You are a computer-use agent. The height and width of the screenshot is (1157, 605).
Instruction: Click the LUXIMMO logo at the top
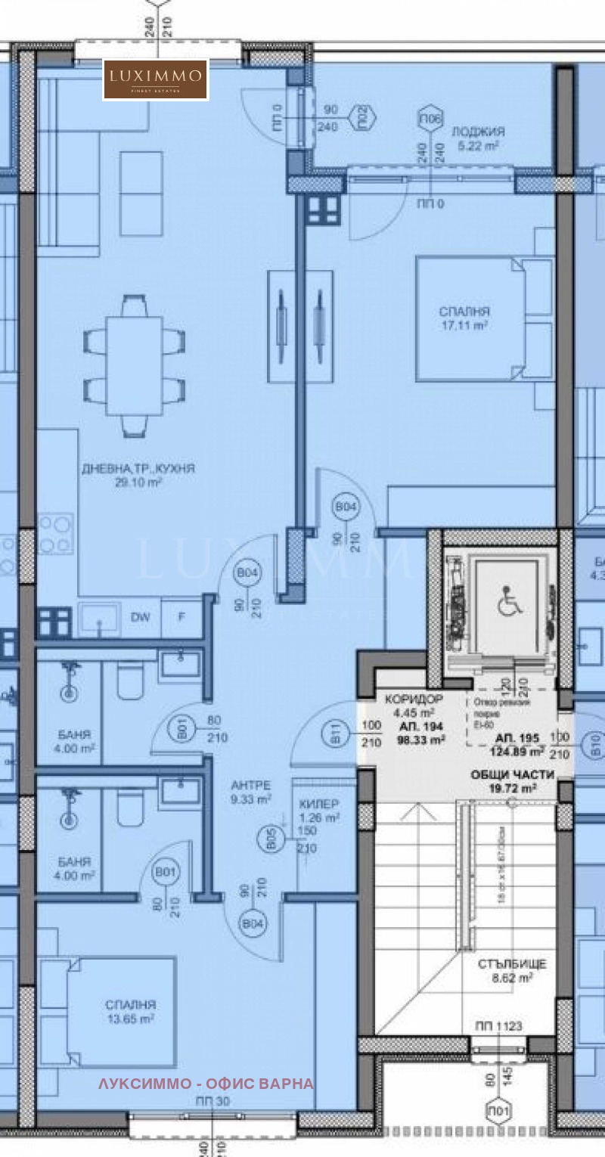[x=156, y=79]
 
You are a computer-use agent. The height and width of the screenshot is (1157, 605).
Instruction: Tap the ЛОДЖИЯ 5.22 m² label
[x=478, y=138]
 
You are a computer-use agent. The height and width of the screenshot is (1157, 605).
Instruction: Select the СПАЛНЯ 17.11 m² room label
[x=464, y=318]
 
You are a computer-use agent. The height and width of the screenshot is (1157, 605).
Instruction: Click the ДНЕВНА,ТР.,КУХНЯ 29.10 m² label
[x=138, y=475]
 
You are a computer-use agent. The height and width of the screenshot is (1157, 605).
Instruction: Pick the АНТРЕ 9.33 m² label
[x=252, y=792]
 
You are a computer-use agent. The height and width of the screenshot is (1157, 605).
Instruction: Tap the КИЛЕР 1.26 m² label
[x=318, y=810]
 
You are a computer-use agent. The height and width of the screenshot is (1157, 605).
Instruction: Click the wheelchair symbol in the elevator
[x=505, y=603]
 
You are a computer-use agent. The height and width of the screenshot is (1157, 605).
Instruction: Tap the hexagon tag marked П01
[x=500, y=1110]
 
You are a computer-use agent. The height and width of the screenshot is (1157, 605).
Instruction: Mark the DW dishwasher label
[x=140, y=617]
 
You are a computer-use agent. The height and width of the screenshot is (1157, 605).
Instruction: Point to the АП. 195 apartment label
[x=520, y=745]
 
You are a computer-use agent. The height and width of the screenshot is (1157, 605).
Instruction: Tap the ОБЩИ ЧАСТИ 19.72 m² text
[x=513, y=781]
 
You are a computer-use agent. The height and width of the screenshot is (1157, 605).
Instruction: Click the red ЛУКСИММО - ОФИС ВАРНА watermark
[x=206, y=1084]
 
